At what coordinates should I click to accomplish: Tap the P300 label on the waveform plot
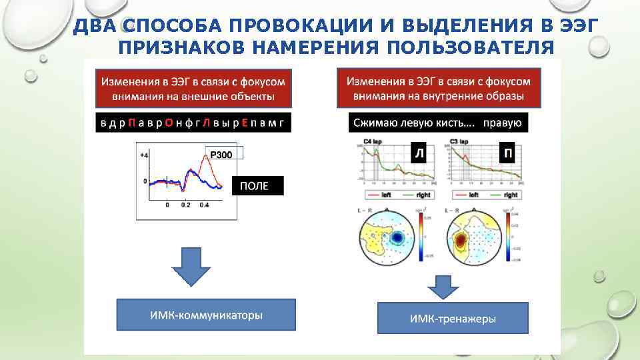[221, 155]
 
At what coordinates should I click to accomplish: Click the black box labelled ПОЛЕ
[257, 186]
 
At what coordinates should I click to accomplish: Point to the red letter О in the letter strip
[169, 123]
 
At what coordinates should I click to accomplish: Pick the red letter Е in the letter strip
[245, 123]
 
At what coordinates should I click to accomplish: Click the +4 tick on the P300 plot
[143, 155]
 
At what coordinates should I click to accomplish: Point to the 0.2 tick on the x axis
[185, 205]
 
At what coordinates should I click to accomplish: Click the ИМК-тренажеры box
[453, 319]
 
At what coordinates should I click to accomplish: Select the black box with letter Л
[419, 154]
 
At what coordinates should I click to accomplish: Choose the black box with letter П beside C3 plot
[508, 154]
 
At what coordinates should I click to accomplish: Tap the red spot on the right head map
[460, 239]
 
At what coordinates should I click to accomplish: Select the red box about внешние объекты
[193, 89]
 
